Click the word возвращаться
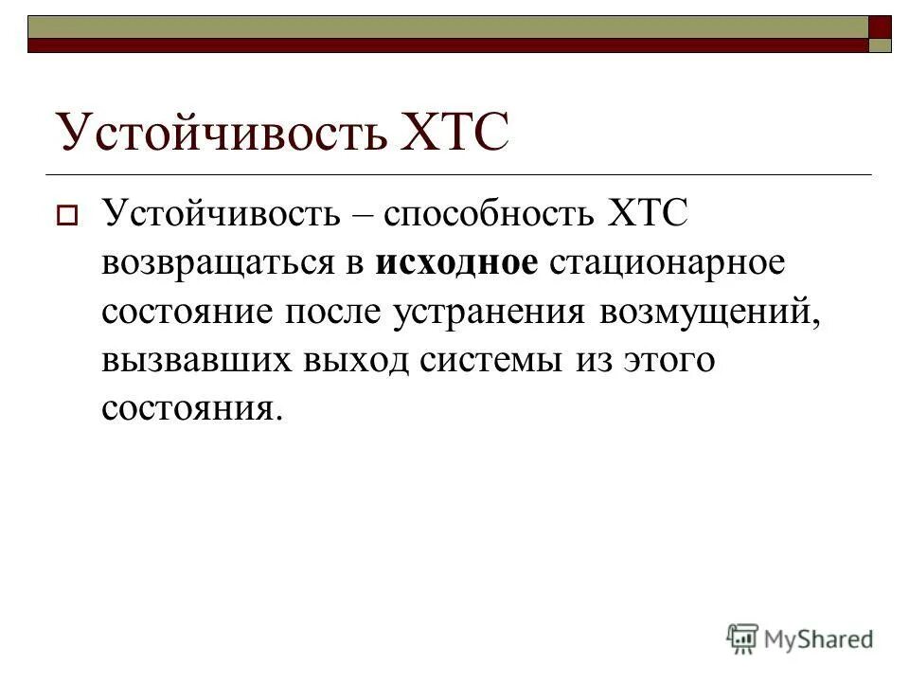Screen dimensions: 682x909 click(214, 261)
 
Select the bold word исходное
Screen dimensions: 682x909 click(457, 261)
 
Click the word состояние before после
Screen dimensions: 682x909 click(181, 311)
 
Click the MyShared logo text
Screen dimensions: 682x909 click(820, 638)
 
